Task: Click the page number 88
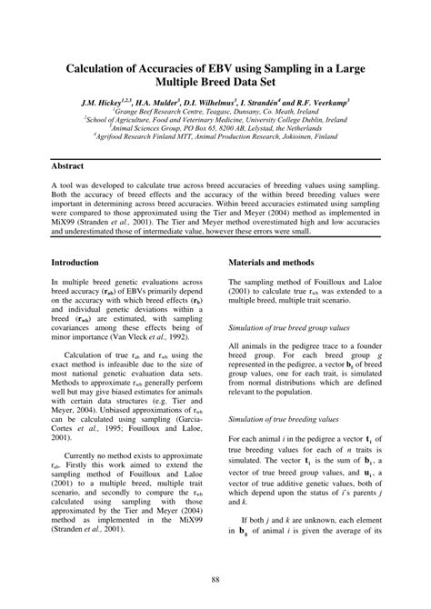215,579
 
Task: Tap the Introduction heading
79,262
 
